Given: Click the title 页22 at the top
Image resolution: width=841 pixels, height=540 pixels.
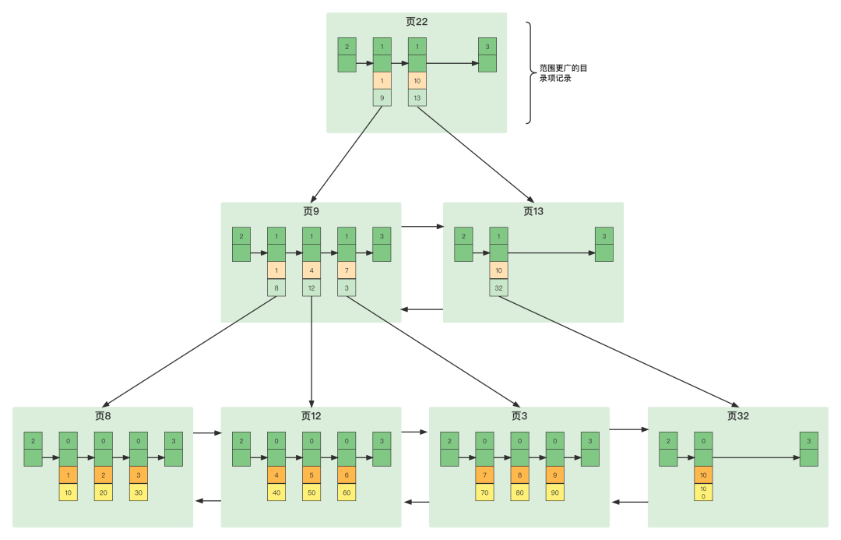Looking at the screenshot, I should (417, 22).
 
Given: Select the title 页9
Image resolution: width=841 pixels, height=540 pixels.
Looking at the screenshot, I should (311, 211).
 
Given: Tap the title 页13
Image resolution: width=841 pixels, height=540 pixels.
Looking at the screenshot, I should (533, 211).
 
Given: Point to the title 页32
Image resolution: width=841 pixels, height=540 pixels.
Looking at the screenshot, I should (737, 416).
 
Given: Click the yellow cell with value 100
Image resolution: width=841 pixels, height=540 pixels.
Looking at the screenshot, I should (703, 492).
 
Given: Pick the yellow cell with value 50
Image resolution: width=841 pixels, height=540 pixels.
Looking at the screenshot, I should (311, 492).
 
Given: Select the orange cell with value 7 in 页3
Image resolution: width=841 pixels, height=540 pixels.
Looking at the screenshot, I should (484, 475).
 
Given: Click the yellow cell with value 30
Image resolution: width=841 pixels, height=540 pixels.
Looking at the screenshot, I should (139, 492).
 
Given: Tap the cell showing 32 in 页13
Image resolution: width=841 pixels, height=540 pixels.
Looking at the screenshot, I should (498, 288).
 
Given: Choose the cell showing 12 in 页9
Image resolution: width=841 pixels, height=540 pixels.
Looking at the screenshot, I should (311, 288).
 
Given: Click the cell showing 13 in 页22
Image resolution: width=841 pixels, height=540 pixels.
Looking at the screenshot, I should (417, 97).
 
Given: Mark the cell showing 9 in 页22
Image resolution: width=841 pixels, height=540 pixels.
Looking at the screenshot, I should (382, 97).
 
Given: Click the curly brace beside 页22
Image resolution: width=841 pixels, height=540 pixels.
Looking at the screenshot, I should (530, 72).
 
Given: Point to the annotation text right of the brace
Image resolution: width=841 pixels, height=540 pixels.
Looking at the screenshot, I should (563, 73).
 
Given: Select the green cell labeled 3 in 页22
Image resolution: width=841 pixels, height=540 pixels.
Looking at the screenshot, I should (487, 47).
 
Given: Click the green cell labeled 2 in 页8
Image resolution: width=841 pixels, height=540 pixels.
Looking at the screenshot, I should (33, 441).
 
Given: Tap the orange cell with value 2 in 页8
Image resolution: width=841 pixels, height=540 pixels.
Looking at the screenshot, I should (104, 475).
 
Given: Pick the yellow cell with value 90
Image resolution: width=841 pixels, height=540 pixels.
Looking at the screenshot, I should (554, 492).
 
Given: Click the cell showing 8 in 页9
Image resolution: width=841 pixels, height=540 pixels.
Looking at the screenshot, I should (276, 288).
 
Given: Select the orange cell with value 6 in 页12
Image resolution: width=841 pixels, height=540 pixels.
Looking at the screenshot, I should (347, 475).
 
